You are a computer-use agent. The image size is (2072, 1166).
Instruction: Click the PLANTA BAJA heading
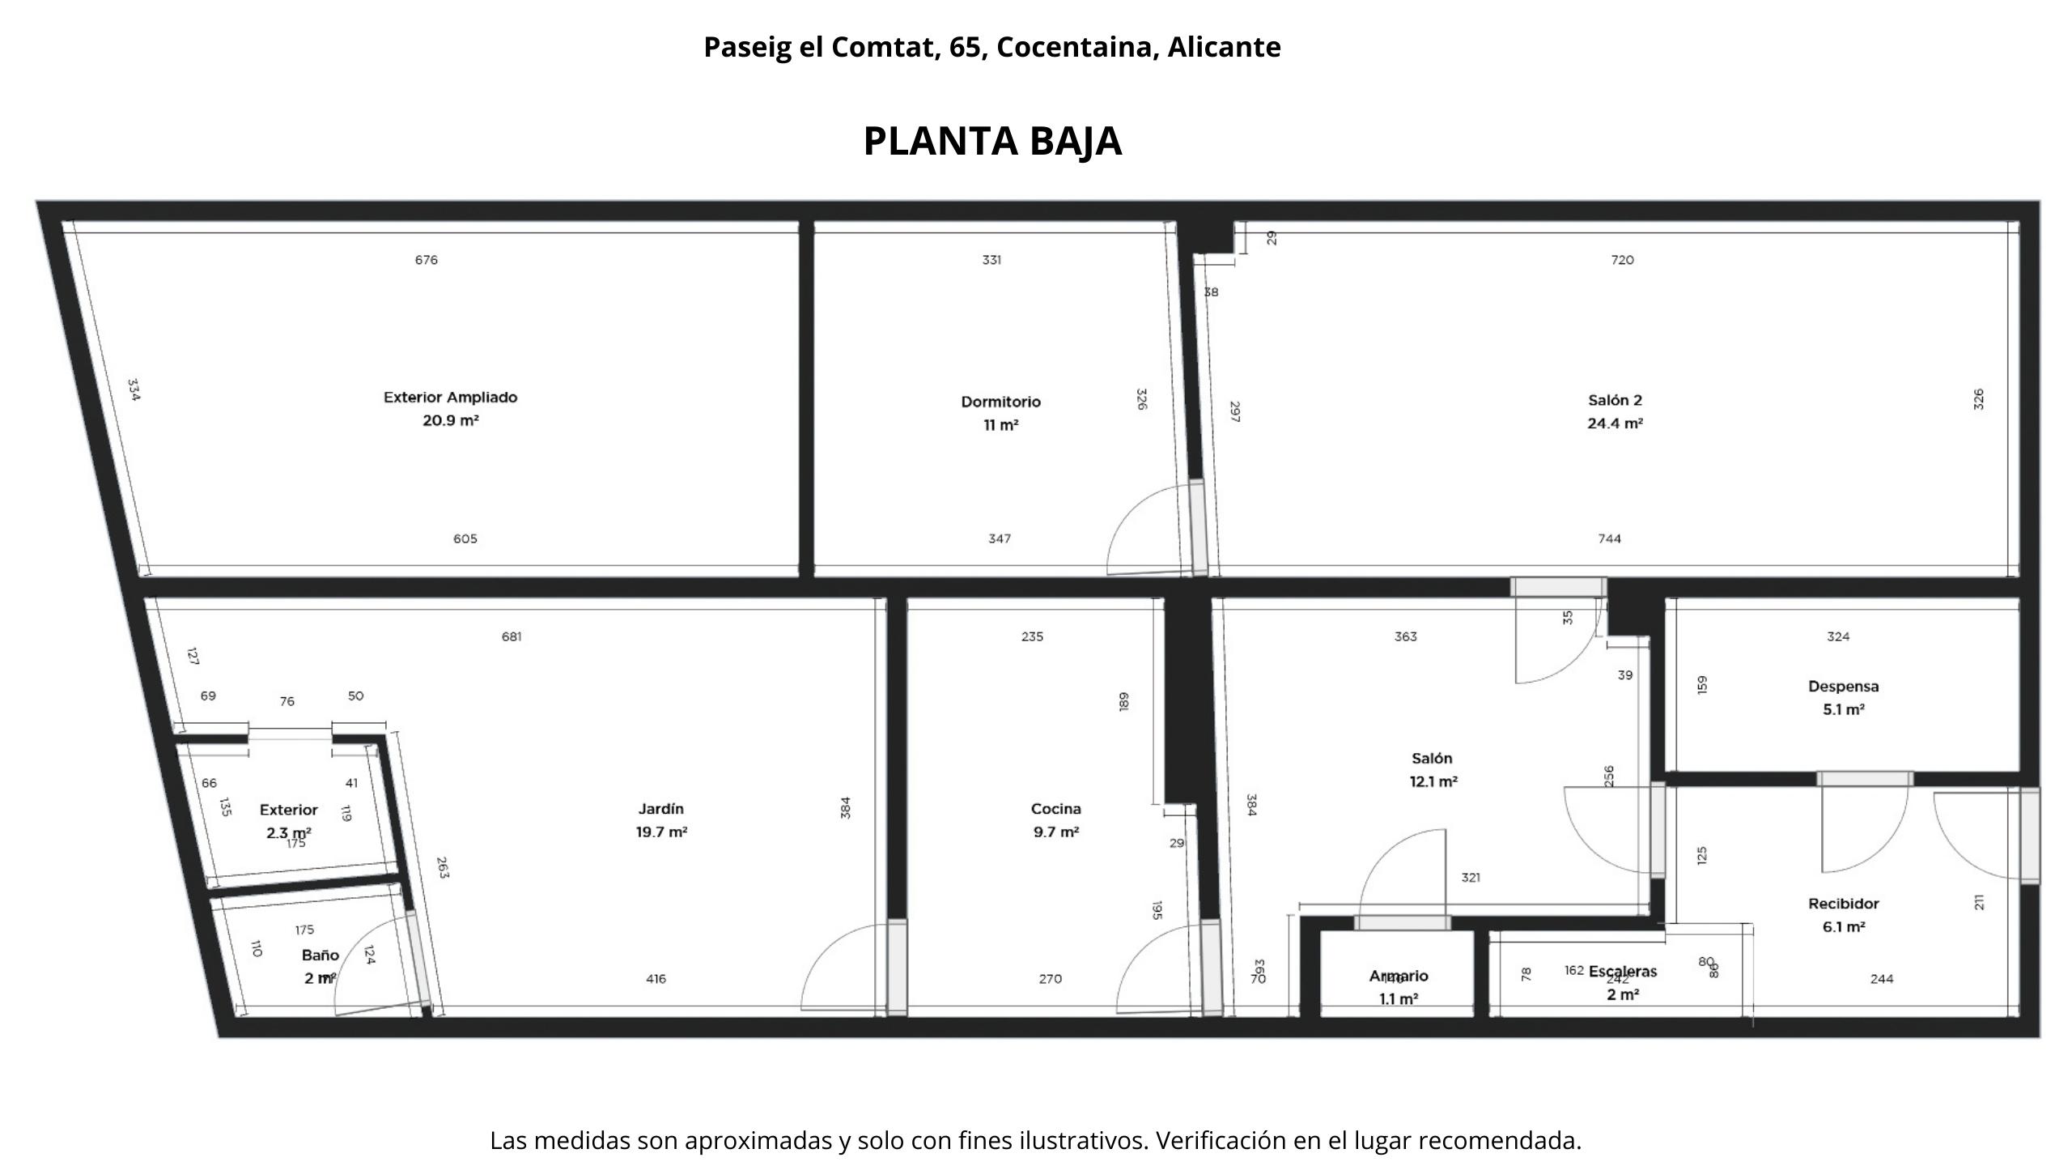992,142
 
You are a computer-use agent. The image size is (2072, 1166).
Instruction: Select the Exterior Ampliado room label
450,398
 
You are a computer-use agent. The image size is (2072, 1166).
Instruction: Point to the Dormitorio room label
1000,402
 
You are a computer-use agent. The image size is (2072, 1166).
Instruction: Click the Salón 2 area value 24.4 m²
1615,423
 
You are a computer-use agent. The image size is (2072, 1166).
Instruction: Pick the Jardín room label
661,809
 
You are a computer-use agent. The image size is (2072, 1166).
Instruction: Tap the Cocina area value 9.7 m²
1055,832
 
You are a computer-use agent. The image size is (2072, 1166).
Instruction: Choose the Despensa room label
1843,687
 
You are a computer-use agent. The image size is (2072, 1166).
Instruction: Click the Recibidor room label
1843,904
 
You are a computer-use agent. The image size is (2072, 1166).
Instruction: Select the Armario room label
1398,977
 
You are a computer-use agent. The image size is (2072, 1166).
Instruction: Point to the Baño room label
320,955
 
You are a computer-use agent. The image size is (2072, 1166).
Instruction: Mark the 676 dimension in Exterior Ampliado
427,260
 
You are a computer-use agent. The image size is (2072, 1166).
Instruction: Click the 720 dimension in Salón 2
1622,260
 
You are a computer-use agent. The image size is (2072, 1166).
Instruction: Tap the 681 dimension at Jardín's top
512,636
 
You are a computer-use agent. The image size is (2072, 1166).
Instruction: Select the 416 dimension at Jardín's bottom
656,979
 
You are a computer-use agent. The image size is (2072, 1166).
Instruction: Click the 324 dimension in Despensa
1837,636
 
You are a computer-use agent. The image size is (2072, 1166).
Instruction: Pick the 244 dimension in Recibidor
1881,979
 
